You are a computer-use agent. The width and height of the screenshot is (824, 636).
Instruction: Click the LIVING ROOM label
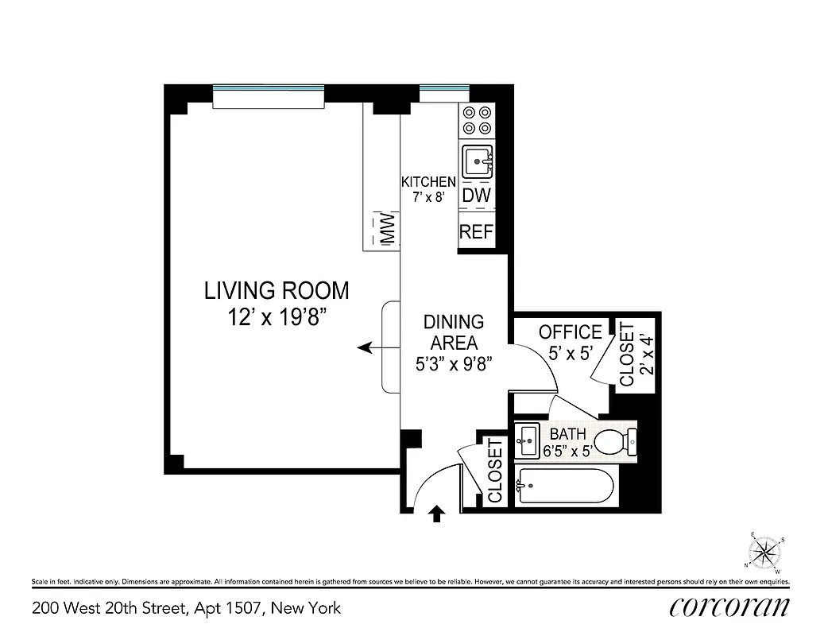click(277, 290)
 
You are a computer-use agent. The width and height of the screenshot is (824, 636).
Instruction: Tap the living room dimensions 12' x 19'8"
click(278, 318)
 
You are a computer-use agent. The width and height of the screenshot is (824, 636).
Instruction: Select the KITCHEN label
click(428, 182)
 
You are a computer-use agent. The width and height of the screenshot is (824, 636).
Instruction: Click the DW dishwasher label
click(477, 196)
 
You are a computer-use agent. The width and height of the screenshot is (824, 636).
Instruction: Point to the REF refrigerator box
click(477, 232)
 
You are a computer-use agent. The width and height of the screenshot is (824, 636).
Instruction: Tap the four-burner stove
click(477, 120)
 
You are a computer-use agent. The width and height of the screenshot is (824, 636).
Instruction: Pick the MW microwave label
click(388, 230)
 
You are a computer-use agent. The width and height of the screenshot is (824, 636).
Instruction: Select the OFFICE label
click(570, 332)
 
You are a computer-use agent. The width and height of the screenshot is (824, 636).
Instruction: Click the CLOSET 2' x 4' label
click(635, 354)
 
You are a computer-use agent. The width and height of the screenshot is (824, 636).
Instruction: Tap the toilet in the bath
click(616, 441)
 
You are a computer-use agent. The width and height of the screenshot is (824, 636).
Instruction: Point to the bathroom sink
click(528, 440)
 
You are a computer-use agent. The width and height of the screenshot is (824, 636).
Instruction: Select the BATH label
click(567, 435)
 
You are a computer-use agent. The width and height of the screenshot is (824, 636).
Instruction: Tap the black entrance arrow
click(435, 514)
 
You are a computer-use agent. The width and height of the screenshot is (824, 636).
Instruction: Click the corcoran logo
click(729, 607)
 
